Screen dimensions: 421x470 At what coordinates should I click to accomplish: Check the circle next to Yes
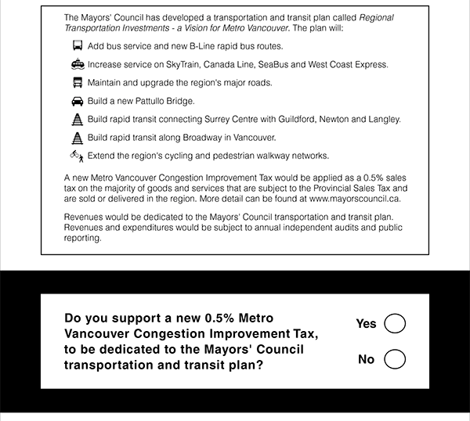tap(395, 323)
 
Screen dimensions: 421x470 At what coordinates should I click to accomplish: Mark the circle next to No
tap(395, 359)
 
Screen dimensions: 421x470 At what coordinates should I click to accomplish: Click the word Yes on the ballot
tap(366, 324)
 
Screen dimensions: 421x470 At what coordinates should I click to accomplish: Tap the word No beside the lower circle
tap(366, 360)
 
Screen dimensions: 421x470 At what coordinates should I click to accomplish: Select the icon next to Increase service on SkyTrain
tap(77, 65)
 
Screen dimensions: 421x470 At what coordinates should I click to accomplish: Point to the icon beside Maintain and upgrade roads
tap(77, 83)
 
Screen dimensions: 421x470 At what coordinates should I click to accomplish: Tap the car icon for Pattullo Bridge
tap(77, 102)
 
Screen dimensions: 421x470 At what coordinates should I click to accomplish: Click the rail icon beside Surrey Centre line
tap(77, 120)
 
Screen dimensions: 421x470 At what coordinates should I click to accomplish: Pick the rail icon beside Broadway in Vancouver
tap(77, 138)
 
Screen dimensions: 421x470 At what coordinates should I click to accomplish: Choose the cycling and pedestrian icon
tap(77, 156)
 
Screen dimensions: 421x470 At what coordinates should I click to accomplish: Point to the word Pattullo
tap(150, 102)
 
